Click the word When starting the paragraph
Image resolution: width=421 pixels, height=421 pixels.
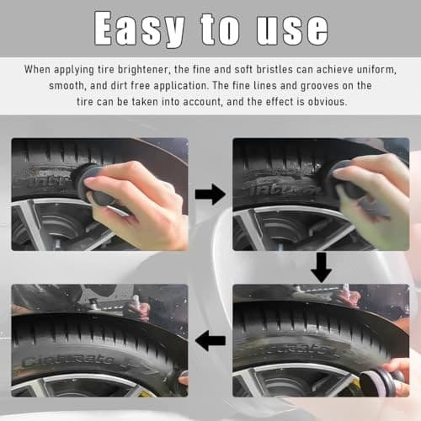tap(39, 69)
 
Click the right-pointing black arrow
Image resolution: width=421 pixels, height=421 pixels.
tap(210, 195)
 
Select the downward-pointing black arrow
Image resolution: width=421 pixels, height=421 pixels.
tap(321, 267)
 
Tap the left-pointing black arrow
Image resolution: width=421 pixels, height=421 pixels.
tap(210, 341)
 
